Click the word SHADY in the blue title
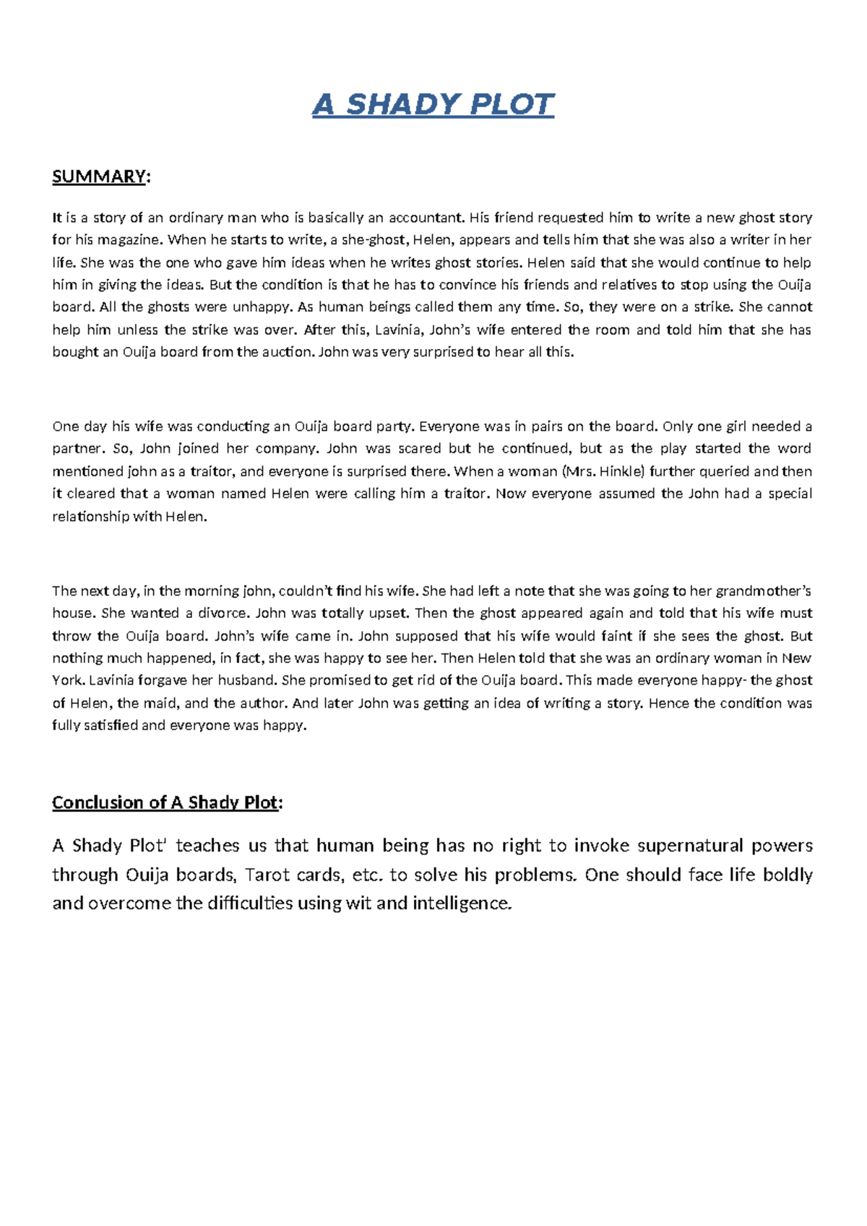click(403, 105)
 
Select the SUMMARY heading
click(99, 177)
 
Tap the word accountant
click(426, 218)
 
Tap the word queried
click(725, 471)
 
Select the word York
click(68, 680)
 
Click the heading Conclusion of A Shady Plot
click(165, 803)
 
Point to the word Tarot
click(267, 875)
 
